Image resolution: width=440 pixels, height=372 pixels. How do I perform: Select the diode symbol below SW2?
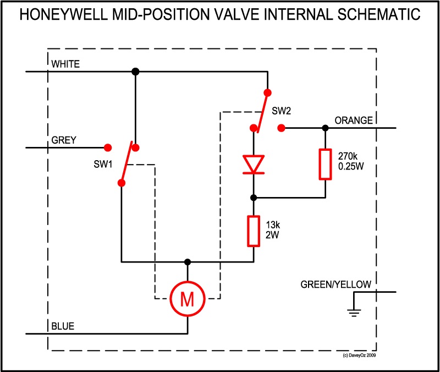[254, 164]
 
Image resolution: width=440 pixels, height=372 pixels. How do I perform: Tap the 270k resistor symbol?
[325, 164]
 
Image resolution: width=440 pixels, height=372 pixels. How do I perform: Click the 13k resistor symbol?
[254, 231]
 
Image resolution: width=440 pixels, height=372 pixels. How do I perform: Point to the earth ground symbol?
[354, 313]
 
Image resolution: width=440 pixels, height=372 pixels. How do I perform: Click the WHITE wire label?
[65, 64]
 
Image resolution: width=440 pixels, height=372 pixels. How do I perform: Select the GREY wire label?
[64, 140]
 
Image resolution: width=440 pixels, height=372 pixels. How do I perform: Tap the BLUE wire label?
[63, 326]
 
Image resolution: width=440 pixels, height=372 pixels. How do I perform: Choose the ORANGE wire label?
[354, 121]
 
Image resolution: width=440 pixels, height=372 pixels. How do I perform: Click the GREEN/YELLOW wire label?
[336, 285]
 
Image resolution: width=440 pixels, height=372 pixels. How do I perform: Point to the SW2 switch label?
[281, 111]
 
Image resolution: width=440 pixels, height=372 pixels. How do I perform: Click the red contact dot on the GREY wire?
[108, 147]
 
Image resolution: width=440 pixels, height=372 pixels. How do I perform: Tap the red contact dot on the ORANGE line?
[281, 128]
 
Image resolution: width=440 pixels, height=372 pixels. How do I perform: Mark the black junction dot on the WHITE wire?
[135, 72]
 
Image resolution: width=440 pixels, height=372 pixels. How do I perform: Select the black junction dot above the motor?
[188, 261]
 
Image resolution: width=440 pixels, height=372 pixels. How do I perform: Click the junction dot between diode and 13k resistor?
[254, 197]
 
